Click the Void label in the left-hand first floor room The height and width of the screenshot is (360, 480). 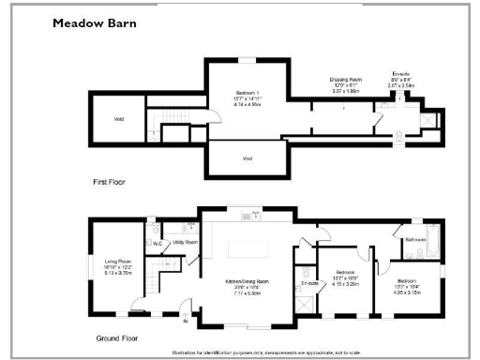119,119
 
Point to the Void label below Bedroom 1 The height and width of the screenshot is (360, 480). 247,158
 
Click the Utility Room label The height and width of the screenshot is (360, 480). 186,242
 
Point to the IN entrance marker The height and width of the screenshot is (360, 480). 185,322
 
